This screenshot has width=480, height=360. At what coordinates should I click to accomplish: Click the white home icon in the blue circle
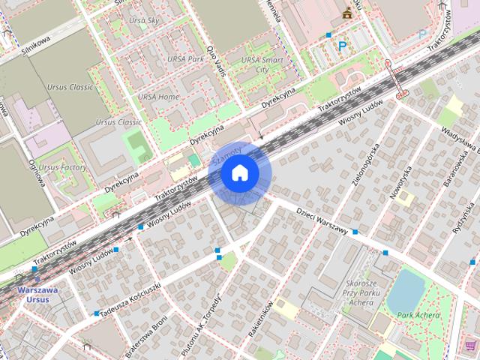tap(239, 173)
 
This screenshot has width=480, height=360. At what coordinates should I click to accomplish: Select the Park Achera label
tap(418, 315)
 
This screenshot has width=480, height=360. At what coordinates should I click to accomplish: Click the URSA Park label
tap(185, 58)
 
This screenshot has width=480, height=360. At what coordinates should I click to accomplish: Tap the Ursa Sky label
tap(144, 21)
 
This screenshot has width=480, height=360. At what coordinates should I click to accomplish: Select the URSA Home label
tap(158, 97)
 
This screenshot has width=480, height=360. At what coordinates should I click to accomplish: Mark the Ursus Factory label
tap(62, 166)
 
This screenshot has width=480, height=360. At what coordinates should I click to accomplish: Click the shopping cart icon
tap(470, 345)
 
